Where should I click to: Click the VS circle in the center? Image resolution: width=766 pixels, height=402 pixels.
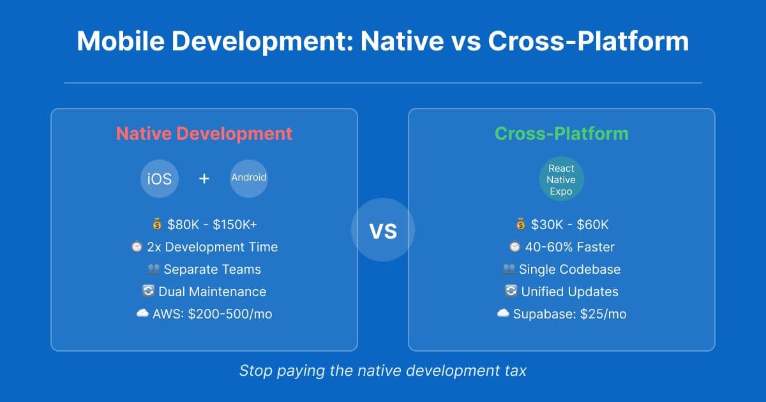(383, 230)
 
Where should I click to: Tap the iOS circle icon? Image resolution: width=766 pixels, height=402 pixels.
(160, 179)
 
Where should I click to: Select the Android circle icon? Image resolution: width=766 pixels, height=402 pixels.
(249, 178)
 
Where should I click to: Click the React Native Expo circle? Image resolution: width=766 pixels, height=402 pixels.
(561, 180)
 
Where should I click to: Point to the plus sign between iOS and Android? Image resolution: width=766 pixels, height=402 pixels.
(204, 179)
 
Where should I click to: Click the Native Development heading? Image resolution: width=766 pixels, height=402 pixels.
(204, 134)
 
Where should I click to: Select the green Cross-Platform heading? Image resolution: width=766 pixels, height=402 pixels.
(562, 134)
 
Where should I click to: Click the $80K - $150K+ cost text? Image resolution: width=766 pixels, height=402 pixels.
(212, 225)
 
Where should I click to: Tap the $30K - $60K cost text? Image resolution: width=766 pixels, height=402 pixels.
(570, 225)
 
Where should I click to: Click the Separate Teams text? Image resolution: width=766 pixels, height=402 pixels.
(212, 269)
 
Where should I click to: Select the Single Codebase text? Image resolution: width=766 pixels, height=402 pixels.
(569, 269)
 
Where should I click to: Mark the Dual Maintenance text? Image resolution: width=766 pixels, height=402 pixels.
(212, 292)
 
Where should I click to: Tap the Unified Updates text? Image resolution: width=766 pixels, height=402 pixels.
(569, 292)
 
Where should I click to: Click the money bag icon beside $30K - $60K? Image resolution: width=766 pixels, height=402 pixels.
(520, 225)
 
